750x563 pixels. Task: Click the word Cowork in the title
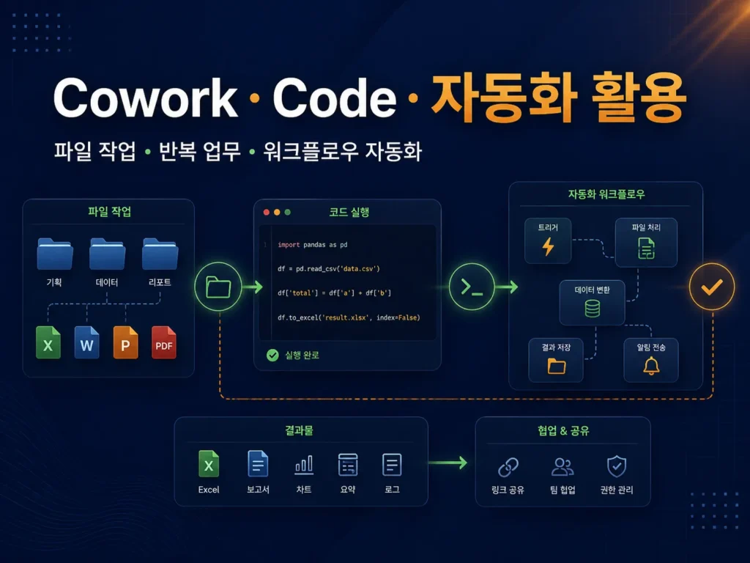(146, 97)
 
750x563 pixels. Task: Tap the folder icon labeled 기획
(55, 254)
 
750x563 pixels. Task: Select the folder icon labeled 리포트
(160, 254)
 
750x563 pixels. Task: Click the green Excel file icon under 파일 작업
(48, 342)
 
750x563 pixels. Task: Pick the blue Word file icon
(86, 342)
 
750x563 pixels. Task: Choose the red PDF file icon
(163, 342)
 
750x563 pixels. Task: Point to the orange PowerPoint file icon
(125, 342)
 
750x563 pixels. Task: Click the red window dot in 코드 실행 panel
(267, 212)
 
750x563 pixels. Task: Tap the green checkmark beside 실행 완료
(272, 356)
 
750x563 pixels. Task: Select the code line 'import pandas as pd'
(312, 245)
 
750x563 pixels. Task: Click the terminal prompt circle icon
(472, 287)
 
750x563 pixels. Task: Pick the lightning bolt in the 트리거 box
(548, 246)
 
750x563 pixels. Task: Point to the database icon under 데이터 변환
(592, 309)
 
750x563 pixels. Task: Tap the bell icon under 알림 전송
(651, 366)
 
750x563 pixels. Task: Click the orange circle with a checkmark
(712, 287)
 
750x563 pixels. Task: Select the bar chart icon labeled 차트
(304, 465)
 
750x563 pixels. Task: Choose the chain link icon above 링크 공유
(508, 467)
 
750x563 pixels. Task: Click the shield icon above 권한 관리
(617, 466)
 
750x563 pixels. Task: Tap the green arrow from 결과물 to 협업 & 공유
(448, 463)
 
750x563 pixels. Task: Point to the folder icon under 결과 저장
(557, 367)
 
